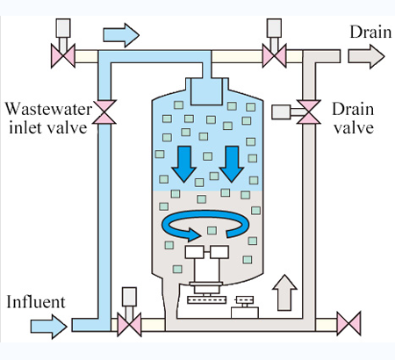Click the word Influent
[x=36, y=302]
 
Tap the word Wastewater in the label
[x=48, y=109]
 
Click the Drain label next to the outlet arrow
[x=370, y=32]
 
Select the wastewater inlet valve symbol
[x=104, y=112]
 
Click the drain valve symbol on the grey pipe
[x=309, y=112]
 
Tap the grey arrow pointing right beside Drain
[x=366, y=56]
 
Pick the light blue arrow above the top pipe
[x=121, y=35]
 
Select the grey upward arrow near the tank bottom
[x=284, y=292]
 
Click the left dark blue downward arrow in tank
[x=183, y=164]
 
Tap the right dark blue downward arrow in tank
[x=232, y=164]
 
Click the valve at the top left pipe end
[x=63, y=56]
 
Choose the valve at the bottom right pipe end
[x=348, y=324]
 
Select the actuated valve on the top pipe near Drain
[x=274, y=55]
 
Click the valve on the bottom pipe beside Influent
[x=129, y=324]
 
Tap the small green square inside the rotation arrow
[x=212, y=230]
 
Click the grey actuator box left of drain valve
[x=281, y=112]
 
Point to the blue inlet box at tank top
[x=206, y=91]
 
